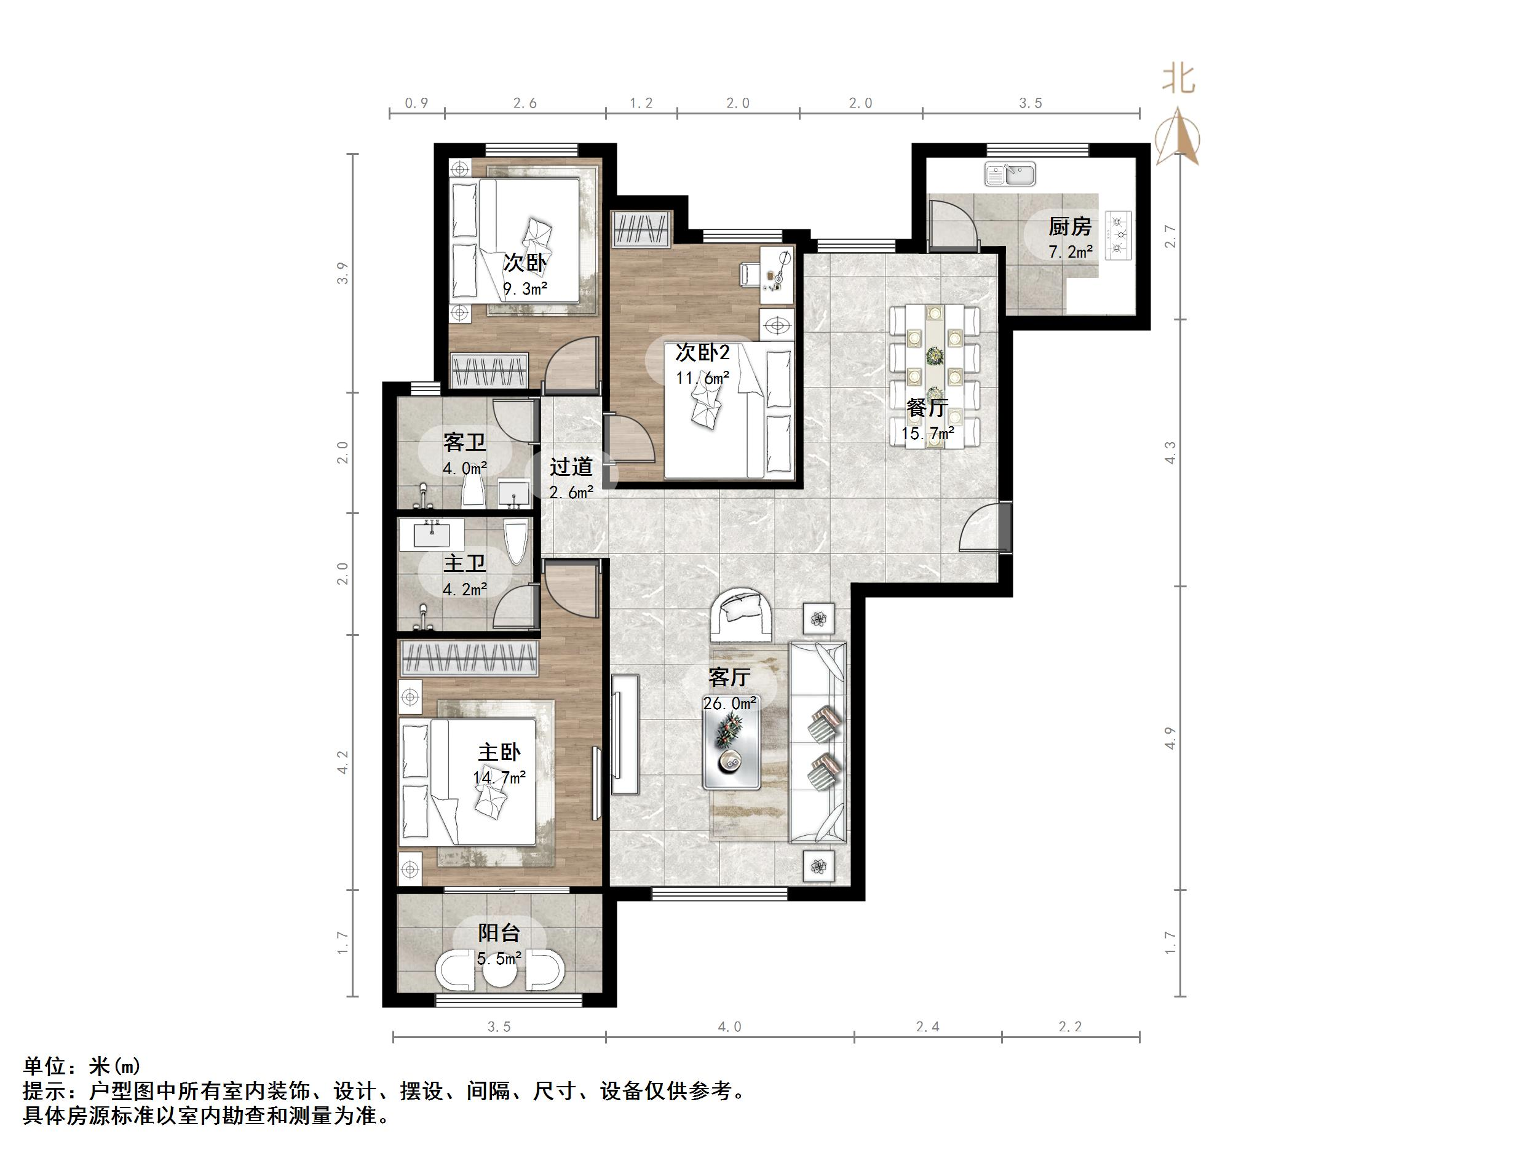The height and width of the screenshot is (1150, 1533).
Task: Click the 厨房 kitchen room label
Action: [1069, 226]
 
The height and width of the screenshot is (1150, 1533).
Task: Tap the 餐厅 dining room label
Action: [927, 408]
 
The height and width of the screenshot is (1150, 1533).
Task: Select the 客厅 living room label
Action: [729, 676]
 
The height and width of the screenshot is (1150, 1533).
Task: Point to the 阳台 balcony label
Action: [498, 933]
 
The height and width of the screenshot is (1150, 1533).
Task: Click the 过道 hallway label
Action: [571, 467]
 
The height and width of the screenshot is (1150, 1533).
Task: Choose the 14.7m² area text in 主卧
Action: [499, 778]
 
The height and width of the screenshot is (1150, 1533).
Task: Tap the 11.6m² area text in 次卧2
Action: [703, 378]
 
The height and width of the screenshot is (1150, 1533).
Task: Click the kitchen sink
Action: [1010, 174]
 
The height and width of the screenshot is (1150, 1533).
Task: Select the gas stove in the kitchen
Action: [1118, 235]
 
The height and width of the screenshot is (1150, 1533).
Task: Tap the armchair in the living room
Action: [742, 614]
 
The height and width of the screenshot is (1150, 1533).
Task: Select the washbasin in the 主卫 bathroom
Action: [432, 534]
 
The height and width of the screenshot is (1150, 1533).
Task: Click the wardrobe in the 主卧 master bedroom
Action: [469, 659]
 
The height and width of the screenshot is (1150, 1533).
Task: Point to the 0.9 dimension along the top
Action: [416, 103]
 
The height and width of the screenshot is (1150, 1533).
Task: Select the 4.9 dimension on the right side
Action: [1171, 738]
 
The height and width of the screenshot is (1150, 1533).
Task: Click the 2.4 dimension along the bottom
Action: [927, 1026]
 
